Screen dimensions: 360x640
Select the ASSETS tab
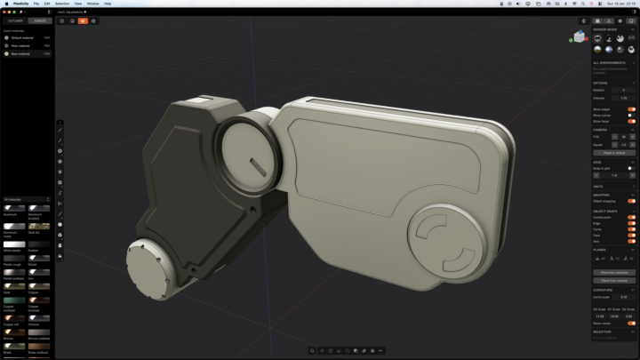pos(40,20)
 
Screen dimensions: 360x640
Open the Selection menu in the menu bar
pos(62,4)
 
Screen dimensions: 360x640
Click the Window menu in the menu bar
pos(92,4)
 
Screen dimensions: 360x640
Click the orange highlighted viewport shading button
pos(83,20)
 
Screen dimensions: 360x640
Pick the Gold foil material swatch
pos(38,228)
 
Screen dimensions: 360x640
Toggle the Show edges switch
pos(631,109)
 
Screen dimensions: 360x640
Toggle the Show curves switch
pos(631,116)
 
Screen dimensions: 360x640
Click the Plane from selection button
pos(614,272)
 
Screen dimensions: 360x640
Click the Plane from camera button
pos(614,280)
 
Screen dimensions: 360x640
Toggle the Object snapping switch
pos(631,201)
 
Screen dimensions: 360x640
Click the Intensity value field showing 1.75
pos(623,97)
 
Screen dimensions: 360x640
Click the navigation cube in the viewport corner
pos(580,36)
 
